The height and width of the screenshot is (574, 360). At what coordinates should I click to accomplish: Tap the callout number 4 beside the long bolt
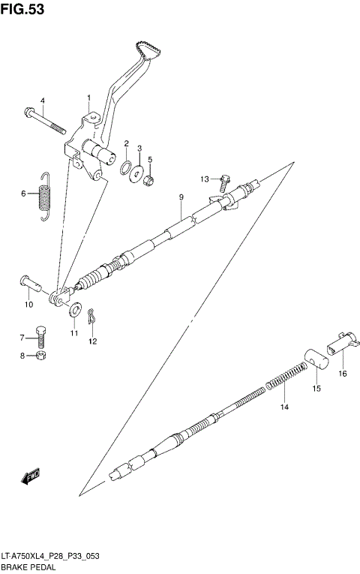[42, 101]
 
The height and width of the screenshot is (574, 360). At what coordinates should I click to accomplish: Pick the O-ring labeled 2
[126, 166]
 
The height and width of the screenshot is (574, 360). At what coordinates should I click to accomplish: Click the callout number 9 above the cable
[181, 197]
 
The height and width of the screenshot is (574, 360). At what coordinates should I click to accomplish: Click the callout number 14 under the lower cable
[283, 407]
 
